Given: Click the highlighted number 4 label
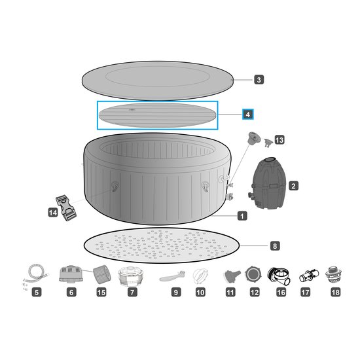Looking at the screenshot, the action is coord(247,115).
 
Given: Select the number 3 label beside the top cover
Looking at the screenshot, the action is coord(259,80).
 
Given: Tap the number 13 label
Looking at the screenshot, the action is coord(279,140).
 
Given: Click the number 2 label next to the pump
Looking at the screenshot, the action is coord(293,186).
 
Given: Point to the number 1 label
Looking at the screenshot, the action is coord(242,216).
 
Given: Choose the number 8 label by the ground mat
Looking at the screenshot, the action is coord(275,246).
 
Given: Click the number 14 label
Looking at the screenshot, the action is coord(53,213).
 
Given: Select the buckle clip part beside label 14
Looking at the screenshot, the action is coord(66,207).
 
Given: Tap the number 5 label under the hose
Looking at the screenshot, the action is coord(37,293).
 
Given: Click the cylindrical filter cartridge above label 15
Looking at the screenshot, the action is coord(102,274).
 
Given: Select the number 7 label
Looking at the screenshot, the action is coord(132,293).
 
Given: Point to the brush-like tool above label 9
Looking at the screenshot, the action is coord(172,276).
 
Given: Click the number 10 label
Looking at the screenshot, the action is coord(200,293).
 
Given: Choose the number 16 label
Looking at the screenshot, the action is coord(281,293).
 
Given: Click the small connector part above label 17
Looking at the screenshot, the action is coord(309,276).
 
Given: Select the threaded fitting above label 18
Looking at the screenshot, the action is coord(333,274).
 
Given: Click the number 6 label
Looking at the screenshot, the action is coord(71,293).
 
